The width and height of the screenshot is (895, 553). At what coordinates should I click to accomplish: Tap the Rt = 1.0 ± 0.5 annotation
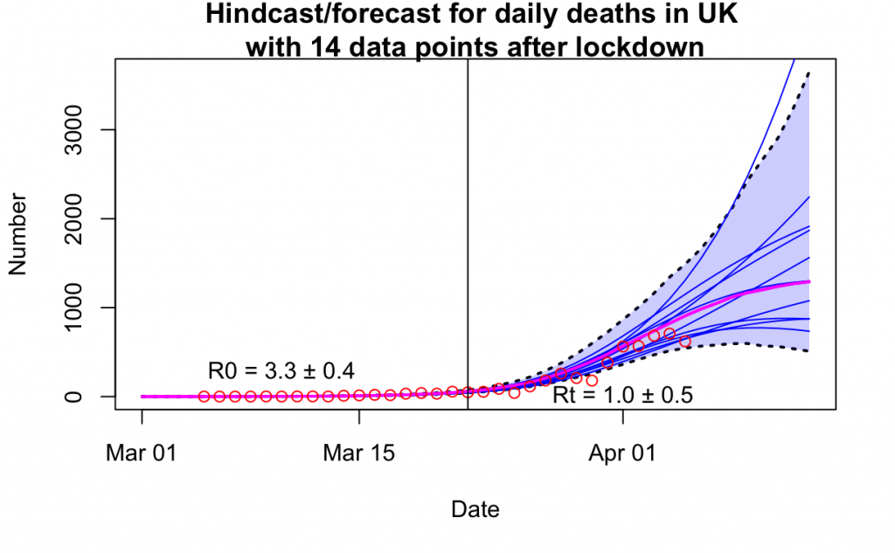coord(622,395)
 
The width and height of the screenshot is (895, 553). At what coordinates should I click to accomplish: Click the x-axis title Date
coord(475,508)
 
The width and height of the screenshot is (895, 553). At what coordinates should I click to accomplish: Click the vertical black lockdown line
coord(468,218)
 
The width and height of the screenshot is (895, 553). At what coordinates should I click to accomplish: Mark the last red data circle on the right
coord(685,342)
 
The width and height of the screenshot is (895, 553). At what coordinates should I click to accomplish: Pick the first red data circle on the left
coord(205,397)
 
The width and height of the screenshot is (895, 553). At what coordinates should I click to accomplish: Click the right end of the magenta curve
coord(809,281)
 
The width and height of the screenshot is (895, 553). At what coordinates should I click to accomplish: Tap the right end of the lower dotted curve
coord(809,351)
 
